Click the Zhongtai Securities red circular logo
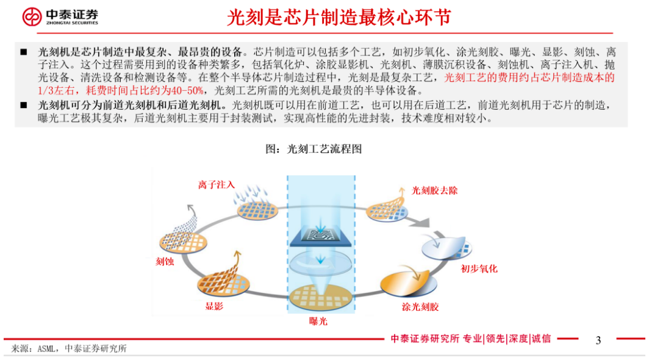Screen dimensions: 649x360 click(x=32, y=16)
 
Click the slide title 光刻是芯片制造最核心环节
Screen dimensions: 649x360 click(x=339, y=18)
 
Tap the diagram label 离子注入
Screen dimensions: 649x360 click(x=216, y=185)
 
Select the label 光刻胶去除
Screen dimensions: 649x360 click(x=434, y=190)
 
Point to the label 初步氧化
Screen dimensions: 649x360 click(x=479, y=269)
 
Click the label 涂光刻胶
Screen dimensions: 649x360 click(x=420, y=307)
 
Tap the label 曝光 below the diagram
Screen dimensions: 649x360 click(x=318, y=322)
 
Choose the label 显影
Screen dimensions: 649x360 click(x=215, y=306)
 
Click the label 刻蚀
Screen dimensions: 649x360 click(x=165, y=261)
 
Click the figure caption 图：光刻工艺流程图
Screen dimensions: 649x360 click(x=314, y=149)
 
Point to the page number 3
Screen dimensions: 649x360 click(x=598, y=340)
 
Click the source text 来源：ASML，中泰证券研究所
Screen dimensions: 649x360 click(x=69, y=349)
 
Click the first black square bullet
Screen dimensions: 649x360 click(x=24, y=52)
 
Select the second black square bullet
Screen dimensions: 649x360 click(x=24, y=105)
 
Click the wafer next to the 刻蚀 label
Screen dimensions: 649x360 click(x=184, y=242)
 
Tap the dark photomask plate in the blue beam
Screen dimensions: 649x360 click(x=320, y=237)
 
